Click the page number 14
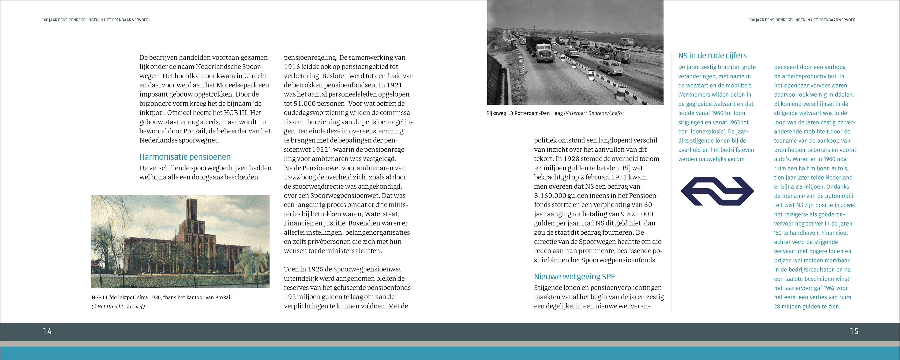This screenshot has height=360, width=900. (x=47, y=331)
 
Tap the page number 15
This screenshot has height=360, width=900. (x=854, y=331)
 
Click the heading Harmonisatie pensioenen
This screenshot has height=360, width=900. (x=185, y=157)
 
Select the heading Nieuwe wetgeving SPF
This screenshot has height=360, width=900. (x=574, y=277)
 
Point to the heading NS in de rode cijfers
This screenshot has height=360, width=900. (x=712, y=56)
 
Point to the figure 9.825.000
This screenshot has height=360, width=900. (x=636, y=214)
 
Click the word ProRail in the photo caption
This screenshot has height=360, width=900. (x=223, y=297)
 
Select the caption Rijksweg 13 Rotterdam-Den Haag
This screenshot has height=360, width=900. (x=525, y=113)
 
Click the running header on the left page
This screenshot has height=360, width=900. (x=95, y=20)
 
